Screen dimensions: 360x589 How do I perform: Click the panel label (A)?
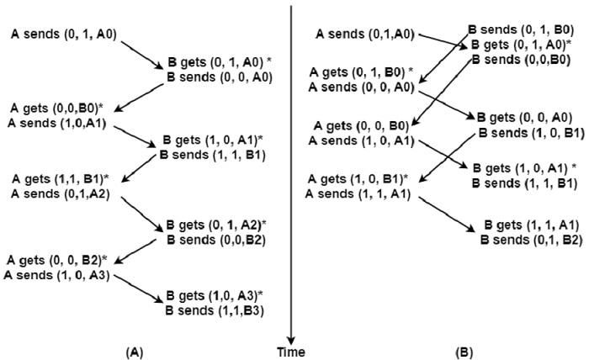pyautogui.click(x=131, y=350)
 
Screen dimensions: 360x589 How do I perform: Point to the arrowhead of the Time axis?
pyautogui.click(x=290, y=335)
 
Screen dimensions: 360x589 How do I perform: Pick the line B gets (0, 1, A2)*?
pyautogui.click(x=216, y=225)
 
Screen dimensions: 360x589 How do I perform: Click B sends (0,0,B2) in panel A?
pyautogui.click(x=214, y=238)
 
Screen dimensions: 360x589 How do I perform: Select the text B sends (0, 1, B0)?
pyautogui.click(x=516, y=30)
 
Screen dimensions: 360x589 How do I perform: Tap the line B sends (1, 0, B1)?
pyautogui.click(x=527, y=132)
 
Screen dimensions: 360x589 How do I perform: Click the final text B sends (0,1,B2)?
pyautogui.click(x=527, y=240)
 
